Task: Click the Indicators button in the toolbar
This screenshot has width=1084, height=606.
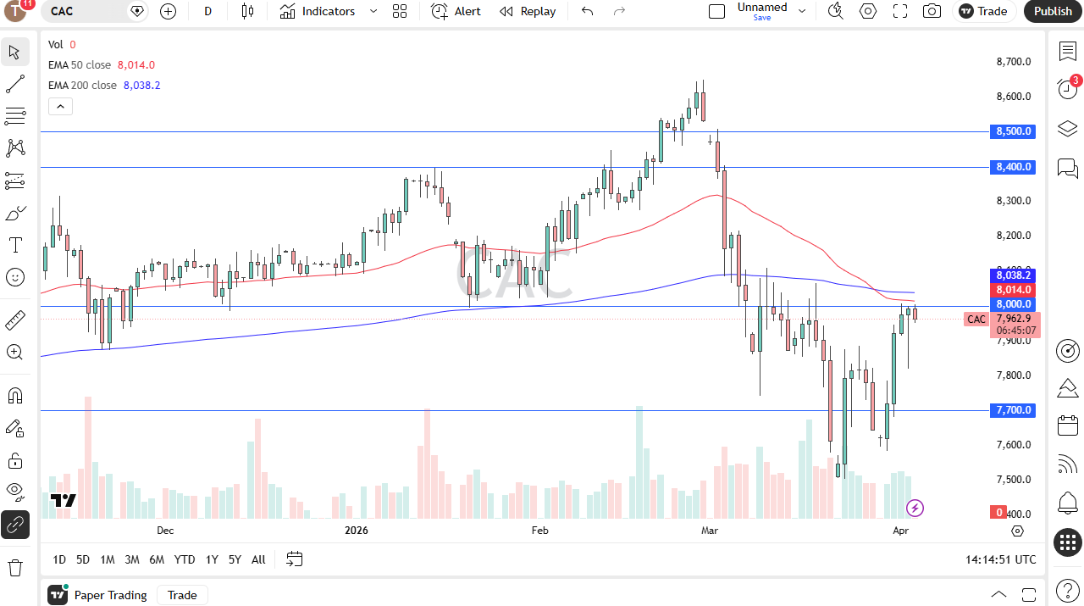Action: click(x=318, y=11)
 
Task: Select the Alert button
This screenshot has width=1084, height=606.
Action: click(x=456, y=11)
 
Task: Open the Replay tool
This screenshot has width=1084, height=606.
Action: click(x=528, y=11)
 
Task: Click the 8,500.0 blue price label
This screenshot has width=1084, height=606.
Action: click(x=1013, y=131)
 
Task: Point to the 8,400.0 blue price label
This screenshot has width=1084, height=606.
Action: click(x=1013, y=167)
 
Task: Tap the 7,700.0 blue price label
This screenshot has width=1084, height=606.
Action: click(x=1013, y=410)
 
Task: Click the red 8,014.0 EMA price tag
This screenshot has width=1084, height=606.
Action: click(x=1013, y=290)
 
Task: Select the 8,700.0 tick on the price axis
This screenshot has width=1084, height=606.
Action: click(x=1013, y=62)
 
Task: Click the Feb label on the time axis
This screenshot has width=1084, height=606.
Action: click(x=539, y=531)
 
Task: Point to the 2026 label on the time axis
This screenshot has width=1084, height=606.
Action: click(x=357, y=531)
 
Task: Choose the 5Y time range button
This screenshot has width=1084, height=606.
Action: click(x=235, y=559)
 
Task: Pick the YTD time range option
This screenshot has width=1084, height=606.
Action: click(x=185, y=559)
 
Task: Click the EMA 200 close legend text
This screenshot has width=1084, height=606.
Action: click(x=82, y=86)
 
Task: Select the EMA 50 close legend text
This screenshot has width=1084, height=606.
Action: click(x=80, y=65)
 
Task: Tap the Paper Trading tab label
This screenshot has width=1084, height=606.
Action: click(x=110, y=595)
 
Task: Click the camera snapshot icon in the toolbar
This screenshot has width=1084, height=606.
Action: click(x=932, y=11)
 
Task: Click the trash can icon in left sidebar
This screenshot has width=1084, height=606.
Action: click(x=14, y=567)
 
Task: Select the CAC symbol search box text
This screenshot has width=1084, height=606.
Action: click(x=62, y=11)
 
